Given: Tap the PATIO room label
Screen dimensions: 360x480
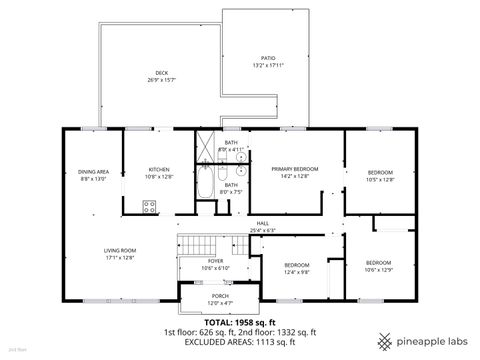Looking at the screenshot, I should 268,58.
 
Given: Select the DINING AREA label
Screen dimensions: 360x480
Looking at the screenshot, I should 93,172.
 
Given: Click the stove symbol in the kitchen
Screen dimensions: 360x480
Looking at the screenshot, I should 150,207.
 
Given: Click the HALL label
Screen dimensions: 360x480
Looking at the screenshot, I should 262,223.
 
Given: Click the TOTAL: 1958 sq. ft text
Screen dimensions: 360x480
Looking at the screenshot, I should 240,321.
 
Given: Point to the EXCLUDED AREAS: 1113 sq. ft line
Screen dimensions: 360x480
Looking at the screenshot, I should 240,341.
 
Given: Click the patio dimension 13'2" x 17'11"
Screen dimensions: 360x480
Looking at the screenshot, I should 268,67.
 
